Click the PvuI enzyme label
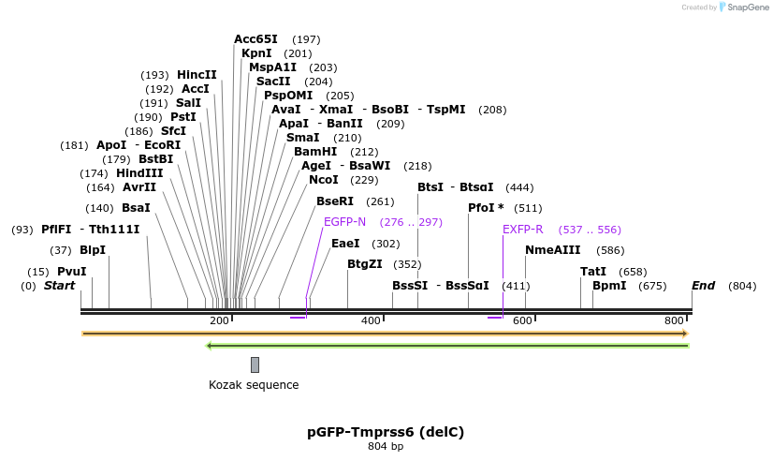click(72, 272)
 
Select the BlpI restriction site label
click(93, 250)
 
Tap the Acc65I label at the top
click(255, 39)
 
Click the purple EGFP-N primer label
click(344, 222)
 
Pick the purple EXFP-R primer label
click(523, 230)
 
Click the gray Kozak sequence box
click(255, 364)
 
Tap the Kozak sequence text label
click(254, 385)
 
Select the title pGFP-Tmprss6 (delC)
click(386, 432)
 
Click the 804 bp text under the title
click(386, 447)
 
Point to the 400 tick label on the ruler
click(371, 321)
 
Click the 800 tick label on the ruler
click(674, 321)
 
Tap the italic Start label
click(60, 286)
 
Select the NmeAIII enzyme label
click(553, 250)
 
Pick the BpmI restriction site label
click(609, 286)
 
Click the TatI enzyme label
click(593, 272)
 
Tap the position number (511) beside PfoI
click(529, 208)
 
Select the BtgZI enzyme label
click(365, 264)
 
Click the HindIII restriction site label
click(139, 173)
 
